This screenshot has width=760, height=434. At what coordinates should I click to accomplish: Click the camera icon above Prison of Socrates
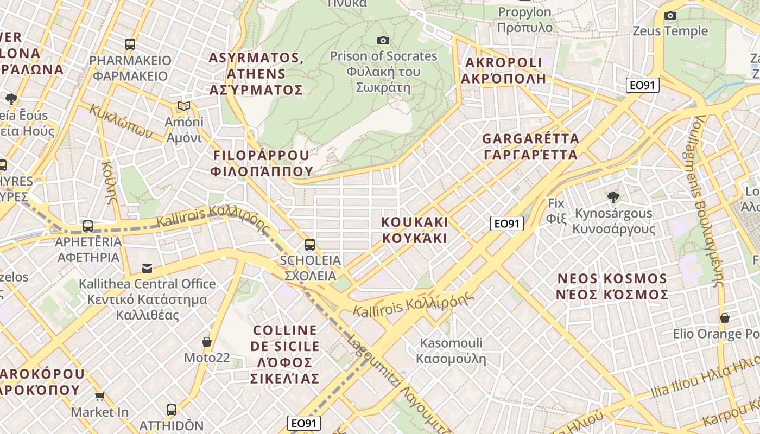tap(383, 40)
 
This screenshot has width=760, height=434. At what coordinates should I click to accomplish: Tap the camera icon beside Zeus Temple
tap(670, 15)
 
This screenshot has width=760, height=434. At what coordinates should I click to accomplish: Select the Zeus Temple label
tap(670, 31)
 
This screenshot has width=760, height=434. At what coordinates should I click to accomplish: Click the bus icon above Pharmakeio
tap(130, 44)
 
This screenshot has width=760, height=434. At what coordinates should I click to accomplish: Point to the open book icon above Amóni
tap(184, 106)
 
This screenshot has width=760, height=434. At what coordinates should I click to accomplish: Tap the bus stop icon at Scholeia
tap(309, 245)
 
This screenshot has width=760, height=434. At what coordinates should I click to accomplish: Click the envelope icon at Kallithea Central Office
tap(147, 268)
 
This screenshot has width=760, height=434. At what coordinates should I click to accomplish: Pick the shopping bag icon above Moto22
tap(206, 342)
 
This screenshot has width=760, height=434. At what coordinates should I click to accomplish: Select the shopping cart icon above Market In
tap(99, 397)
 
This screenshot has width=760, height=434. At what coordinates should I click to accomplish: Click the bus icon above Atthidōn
tap(171, 410)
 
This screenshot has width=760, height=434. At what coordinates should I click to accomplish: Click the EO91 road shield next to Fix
tap(506, 223)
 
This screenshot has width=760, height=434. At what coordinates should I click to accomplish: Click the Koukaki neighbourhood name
tap(414, 230)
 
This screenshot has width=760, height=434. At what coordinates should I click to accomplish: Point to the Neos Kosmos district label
tap(612, 286)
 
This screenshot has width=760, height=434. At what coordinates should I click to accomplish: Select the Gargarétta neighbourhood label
tap(530, 146)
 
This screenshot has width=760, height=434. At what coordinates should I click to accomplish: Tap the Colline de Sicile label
tap(285, 354)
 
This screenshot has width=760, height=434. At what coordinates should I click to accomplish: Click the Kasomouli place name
tap(451, 350)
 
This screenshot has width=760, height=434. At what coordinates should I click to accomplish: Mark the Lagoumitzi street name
tap(399, 382)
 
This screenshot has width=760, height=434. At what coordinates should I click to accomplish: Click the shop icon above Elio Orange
tap(724, 317)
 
